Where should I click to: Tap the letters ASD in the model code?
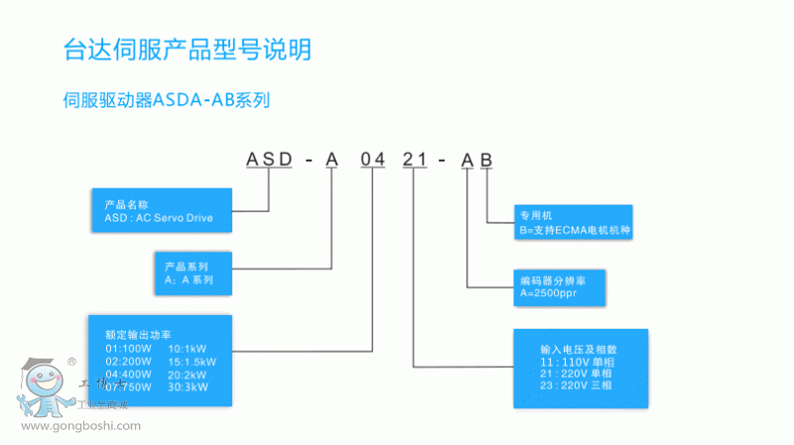tap(270, 159)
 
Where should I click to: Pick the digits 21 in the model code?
tap(415, 159)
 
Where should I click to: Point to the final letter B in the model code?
tap(485, 159)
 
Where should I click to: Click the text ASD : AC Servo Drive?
tap(159, 216)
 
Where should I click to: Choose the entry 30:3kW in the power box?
tap(191, 387)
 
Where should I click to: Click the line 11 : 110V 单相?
tap(579, 363)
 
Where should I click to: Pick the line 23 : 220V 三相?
tap(579, 386)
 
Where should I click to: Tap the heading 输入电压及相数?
tap(579, 350)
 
